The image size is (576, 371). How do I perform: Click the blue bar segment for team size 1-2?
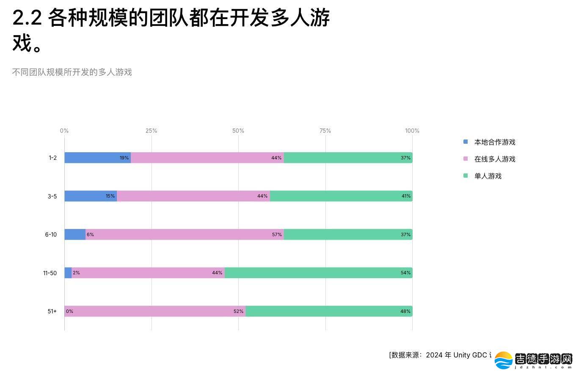point(97,158)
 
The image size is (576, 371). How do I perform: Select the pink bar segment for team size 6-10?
point(185,234)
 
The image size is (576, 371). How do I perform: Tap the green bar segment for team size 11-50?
point(318,273)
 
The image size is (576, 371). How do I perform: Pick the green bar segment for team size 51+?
point(329,311)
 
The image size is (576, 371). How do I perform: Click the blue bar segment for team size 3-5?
point(91,196)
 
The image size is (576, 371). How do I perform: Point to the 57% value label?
point(277,234)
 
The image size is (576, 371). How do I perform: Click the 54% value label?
point(405,273)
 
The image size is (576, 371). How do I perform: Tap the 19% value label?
point(124,158)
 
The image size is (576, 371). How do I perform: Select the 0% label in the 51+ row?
point(69,311)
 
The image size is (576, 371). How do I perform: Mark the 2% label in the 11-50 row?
point(76,273)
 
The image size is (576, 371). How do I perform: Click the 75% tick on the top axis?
point(325,131)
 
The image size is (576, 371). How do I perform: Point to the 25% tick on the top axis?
point(151,131)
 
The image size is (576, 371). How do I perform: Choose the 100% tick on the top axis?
point(412,131)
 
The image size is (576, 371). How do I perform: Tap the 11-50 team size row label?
point(50,273)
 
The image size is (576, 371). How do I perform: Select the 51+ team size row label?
point(52,311)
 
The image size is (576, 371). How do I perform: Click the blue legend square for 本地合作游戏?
point(466,142)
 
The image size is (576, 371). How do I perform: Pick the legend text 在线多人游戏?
point(495,159)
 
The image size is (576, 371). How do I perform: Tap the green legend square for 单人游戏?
point(466,176)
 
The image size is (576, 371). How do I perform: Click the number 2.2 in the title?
point(27,18)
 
